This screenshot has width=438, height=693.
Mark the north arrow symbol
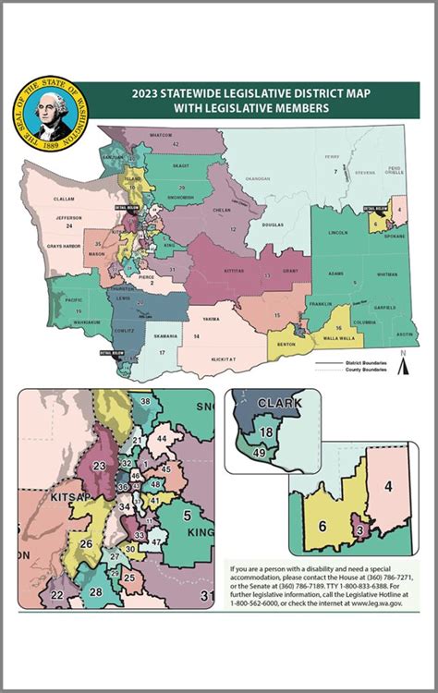(x=402, y=364)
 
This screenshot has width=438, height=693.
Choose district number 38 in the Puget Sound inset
(x=144, y=402)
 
